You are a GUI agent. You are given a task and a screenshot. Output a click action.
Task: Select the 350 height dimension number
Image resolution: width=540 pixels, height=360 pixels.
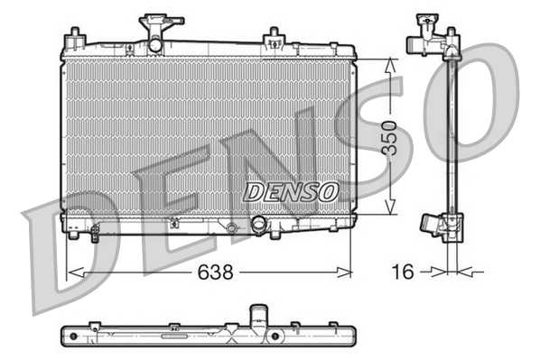pos(388,137)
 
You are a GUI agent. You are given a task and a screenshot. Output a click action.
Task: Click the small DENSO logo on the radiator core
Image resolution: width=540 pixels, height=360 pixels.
pos(292,191)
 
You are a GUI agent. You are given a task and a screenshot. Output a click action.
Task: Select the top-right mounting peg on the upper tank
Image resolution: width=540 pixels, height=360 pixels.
pos(271,37)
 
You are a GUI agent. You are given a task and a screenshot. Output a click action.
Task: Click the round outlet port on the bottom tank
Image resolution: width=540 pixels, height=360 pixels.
pos(259,226)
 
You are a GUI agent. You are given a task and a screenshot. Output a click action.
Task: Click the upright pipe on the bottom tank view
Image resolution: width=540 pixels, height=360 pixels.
pos(258,315)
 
